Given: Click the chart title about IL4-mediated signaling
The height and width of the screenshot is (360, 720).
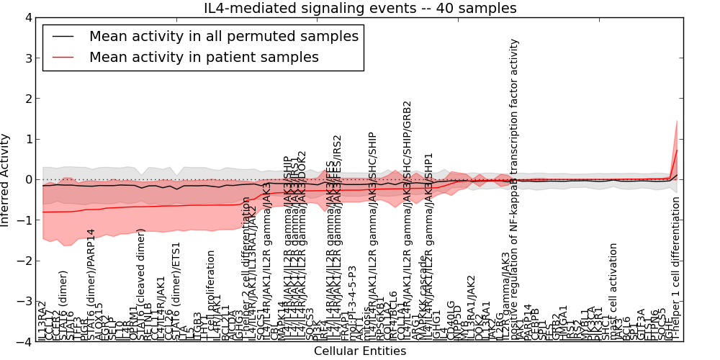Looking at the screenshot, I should pos(360,9).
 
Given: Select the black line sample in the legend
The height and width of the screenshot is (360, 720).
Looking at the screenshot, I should pos(63,36).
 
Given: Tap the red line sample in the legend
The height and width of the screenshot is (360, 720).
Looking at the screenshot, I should pos(63,57).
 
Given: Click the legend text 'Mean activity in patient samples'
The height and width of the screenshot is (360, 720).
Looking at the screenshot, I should pos(204,57).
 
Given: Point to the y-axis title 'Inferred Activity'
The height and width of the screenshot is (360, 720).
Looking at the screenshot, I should pos(6,180).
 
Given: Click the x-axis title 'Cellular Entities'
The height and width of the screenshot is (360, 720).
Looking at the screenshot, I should pos(360,351).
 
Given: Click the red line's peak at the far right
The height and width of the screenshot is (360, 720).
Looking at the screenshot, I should pos(677,150).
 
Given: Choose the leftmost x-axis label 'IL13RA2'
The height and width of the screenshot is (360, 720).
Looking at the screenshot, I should pos(42,321).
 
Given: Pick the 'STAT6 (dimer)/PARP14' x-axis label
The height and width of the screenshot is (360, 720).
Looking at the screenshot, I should pos(91,285).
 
